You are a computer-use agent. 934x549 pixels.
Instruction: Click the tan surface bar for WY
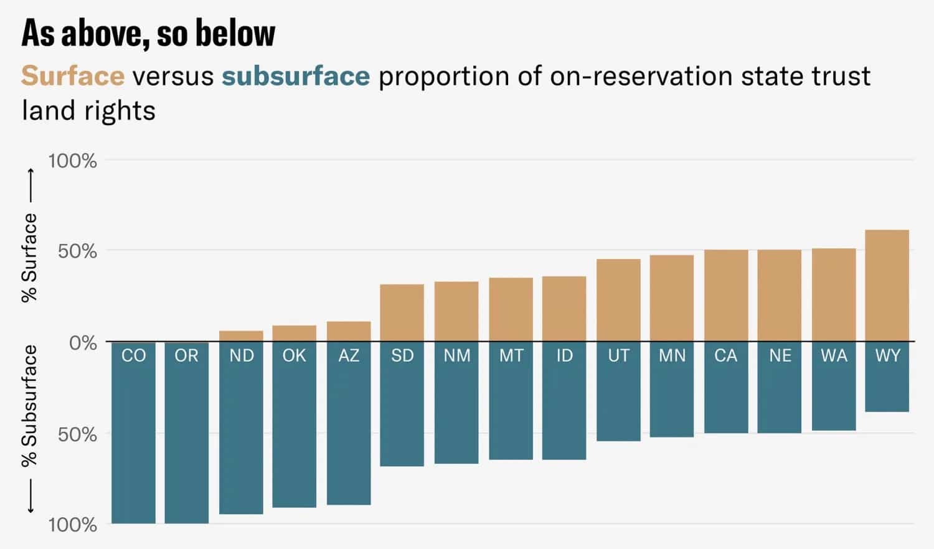pos(887,286)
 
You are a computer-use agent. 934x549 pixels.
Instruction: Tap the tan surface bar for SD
pos(402,312)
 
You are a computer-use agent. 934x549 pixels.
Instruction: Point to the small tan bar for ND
pos(241,336)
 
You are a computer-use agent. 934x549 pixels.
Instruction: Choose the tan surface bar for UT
pos(618,300)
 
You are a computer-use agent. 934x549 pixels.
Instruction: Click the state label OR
pos(187,355)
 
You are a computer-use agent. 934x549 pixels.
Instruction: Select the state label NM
pos(456,355)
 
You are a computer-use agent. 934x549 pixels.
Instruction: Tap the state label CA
pos(725,355)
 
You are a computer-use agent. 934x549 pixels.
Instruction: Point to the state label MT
pos(511,355)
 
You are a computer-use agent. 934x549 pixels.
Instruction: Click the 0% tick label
pos(83,343)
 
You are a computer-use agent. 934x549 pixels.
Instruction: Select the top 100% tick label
pos(73,161)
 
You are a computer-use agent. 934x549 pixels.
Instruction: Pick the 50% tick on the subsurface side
pos(77,434)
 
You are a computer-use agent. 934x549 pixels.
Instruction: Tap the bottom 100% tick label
pos(73,525)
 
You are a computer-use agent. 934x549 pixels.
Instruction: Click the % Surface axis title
pos(29,257)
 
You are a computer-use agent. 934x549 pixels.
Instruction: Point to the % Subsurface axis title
pos(29,406)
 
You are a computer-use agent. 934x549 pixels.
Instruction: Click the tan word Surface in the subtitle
pos(73,77)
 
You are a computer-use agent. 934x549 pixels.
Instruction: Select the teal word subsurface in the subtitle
pos(296,77)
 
